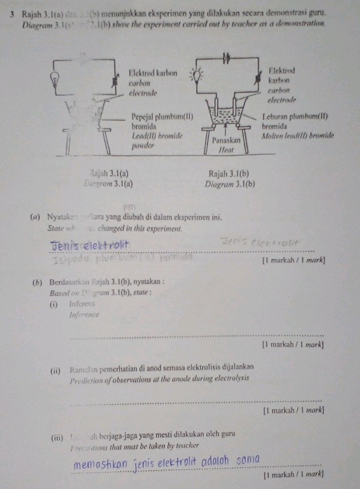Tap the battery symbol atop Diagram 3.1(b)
click(226, 56)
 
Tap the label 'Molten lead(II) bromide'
click(297, 137)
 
